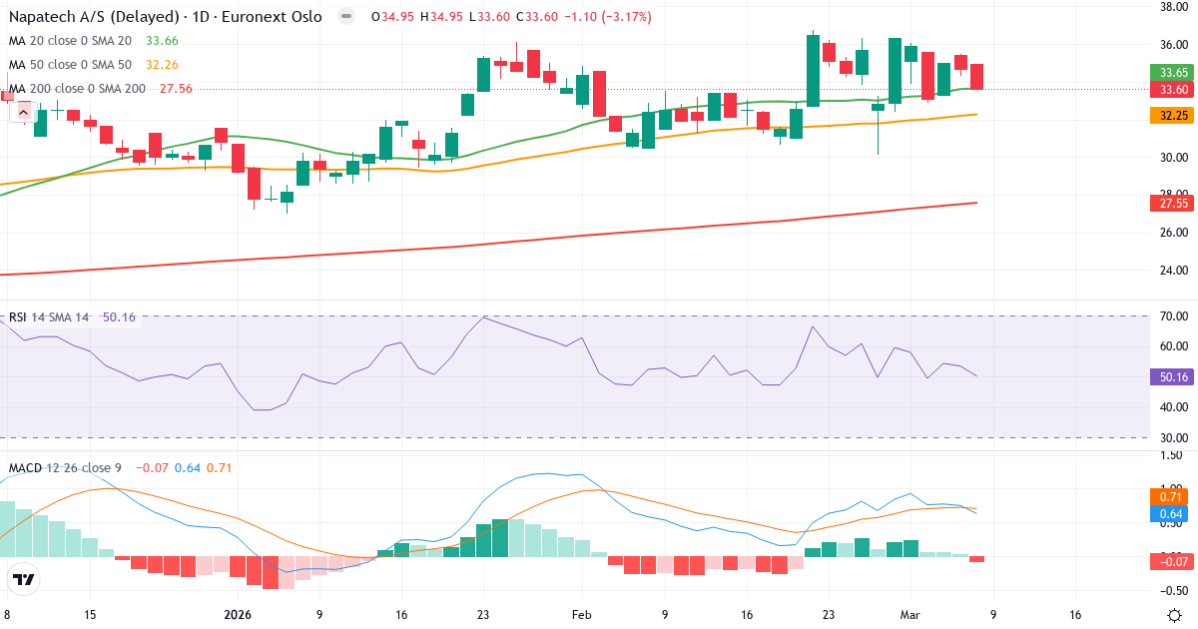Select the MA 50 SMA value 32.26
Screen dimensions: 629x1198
pyautogui.click(x=162, y=65)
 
